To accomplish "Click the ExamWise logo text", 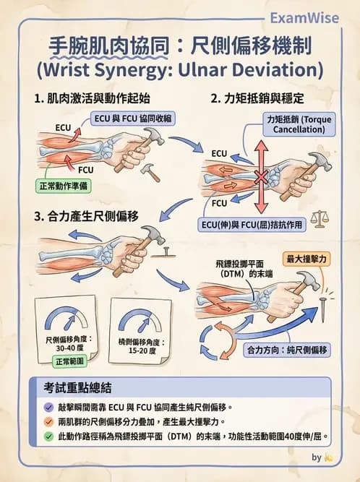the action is click(304, 19).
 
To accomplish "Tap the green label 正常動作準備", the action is click(64, 186).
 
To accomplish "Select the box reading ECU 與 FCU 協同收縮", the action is click(133, 119).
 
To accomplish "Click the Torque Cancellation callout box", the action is click(299, 124).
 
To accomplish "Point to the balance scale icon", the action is click(320, 220).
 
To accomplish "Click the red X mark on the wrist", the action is click(261, 178).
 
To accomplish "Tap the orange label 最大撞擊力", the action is click(307, 259).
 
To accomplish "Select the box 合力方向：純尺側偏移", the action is click(287, 350).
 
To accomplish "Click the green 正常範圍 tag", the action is click(69, 361).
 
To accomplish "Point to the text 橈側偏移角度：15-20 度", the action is click(142, 346).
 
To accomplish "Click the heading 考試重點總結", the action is click(77, 388).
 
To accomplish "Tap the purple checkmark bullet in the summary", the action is click(48, 408).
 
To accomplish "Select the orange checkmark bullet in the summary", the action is click(48, 422).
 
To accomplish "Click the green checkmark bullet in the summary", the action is click(48, 436).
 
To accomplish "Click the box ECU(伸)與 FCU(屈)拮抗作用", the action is click(252, 225).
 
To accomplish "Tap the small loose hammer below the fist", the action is click(150, 172).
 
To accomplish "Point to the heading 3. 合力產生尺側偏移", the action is click(87, 216).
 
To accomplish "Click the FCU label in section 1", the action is click(85, 170).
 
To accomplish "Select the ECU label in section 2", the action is click(219, 153).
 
